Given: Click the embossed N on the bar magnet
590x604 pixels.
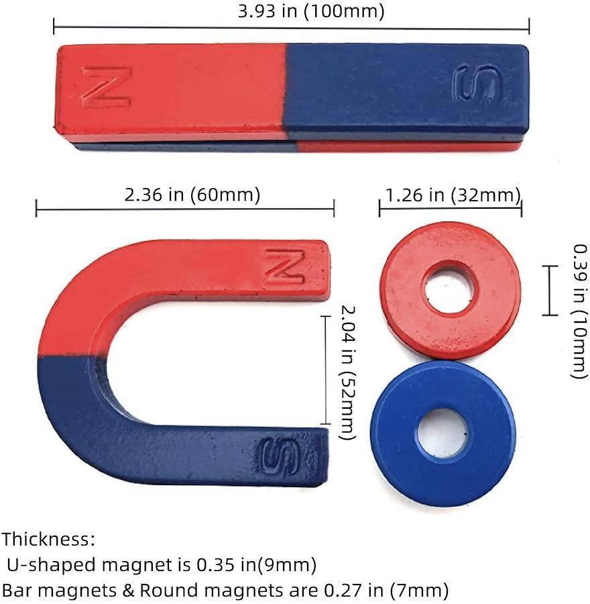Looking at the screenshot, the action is [107, 87].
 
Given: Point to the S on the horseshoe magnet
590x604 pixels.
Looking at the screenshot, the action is [280, 456].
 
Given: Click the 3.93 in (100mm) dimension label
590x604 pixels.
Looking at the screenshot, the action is [311, 11].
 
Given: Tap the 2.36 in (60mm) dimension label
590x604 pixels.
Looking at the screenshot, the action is [192, 195].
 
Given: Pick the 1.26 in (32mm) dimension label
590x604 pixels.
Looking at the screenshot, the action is [453, 195].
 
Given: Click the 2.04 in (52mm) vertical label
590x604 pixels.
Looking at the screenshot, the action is [347, 372].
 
